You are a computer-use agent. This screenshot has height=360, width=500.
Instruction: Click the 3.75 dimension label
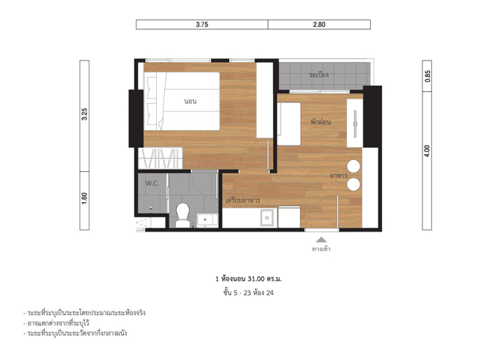[x=201, y=25]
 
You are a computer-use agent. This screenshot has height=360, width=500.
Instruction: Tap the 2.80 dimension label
[x=319, y=25]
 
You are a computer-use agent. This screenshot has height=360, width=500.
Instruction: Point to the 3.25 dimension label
[x=84, y=114]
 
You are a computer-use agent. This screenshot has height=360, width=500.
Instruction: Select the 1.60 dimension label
[x=84, y=198]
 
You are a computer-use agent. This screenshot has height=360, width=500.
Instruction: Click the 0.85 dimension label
[x=428, y=76]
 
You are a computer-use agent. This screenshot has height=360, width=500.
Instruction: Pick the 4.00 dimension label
[x=428, y=151]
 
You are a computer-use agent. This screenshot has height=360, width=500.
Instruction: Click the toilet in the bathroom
[x=183, y=215]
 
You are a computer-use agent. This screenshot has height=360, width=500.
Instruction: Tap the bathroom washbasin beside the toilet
[x=207, y=220]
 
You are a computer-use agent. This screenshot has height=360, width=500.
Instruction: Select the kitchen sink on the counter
[x=266, y=217]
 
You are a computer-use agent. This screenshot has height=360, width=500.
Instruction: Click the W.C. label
[x=152, y=183]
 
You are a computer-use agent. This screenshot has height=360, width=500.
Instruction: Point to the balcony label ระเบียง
[x=319, y=75]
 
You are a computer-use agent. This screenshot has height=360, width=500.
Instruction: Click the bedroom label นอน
[x=190, y=102]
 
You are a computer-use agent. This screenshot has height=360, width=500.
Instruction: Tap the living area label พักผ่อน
[x=321, y=122]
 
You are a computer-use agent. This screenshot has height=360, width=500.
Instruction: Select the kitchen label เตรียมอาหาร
[x=243, y=200]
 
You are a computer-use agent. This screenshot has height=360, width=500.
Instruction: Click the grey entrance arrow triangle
[x=322, y=240]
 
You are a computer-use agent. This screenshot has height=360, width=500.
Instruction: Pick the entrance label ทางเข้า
[x=321, y=249]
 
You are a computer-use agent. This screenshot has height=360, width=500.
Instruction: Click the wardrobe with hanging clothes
[x=160, y=158]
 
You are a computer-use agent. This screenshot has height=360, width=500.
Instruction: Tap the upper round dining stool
[x=353, y=167]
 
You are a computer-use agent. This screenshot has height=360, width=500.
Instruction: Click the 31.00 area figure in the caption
[x=256, y=279]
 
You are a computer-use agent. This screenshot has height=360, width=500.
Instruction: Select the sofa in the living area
[x=289, y=124]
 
